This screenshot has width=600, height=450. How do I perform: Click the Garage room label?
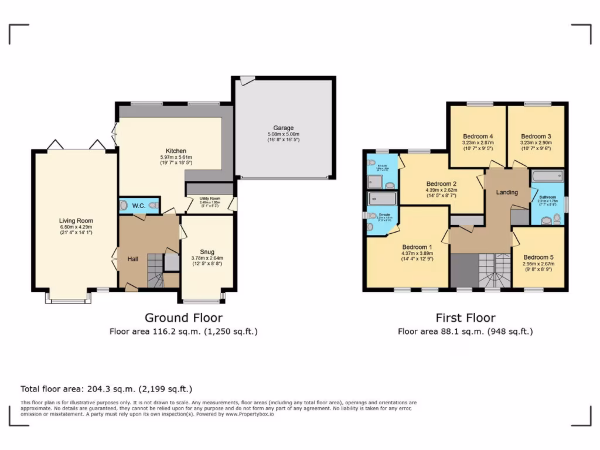tap(283, 128)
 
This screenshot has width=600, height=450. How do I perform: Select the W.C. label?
tap(138, 206)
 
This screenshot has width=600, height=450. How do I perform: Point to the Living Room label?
tap(76, 221)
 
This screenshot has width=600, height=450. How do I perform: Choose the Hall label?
tap(133, 258)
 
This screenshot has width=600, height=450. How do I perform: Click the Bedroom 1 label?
tap(417, 247)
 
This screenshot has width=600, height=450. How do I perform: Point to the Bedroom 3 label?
tap(536, 135)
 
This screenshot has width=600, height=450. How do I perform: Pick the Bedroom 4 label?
tap(478, 135)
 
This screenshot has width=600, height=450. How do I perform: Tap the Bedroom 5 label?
tap(538, 257)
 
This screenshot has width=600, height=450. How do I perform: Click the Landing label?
tap(507, 192)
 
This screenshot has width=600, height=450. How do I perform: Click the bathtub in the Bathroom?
tap(547, 176)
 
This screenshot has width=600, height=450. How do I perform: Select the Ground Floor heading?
tap(183, 318)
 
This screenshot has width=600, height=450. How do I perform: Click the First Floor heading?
tap(465, 318)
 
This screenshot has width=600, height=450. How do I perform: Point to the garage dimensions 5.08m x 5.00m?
tap(283, 134)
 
